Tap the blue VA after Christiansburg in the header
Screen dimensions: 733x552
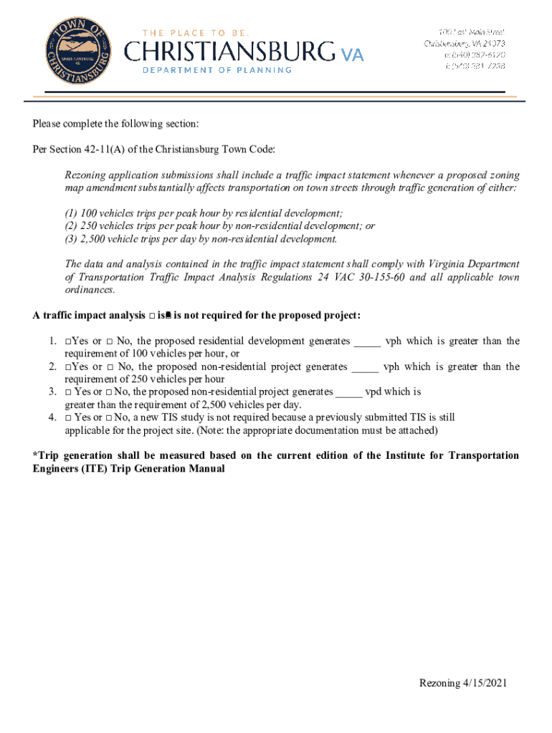coord(351,53)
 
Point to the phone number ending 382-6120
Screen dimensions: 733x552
coord(475,54)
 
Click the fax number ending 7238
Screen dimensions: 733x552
coord(475,66)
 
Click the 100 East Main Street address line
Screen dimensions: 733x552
coord(472,32)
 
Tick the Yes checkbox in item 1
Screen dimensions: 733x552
coord(67,342)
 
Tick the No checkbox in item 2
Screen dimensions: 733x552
coord(110,367)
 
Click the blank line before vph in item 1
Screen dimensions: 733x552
coord(366,342)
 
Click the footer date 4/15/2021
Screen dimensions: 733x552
coord(484,684)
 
